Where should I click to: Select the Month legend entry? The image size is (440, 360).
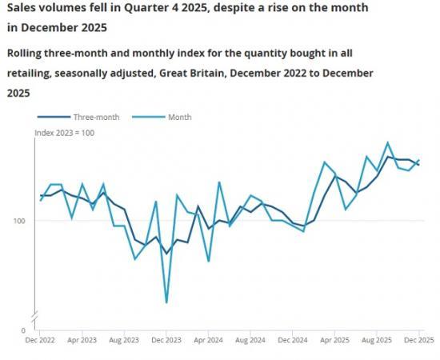pos(179,117)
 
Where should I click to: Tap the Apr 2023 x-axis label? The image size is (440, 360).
pos(82,340)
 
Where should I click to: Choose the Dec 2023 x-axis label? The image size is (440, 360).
pos(166,340)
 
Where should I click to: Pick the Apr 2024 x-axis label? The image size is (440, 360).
pos(209,340)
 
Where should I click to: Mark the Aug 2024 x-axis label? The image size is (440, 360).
pos(250,340)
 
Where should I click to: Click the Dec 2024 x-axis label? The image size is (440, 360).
pos(293,340)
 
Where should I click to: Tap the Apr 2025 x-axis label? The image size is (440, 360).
pos(335,340)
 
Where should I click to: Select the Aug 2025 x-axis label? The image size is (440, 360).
pos(377,340)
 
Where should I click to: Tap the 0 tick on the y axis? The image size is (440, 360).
pos(23,330)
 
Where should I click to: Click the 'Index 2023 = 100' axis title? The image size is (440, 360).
pos(64,133)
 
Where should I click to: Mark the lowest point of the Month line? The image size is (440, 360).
pos(166,302)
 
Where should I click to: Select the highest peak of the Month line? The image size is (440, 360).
pos(388,142)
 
